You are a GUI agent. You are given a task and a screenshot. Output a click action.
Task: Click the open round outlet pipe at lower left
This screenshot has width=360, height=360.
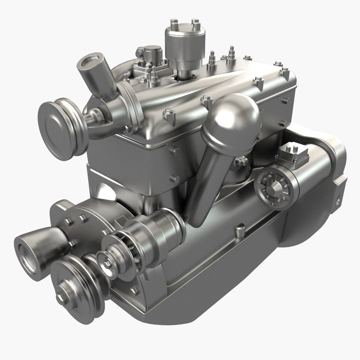coord(27,252)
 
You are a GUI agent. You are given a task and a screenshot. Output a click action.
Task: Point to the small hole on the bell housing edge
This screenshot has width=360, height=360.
coord(339,201)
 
